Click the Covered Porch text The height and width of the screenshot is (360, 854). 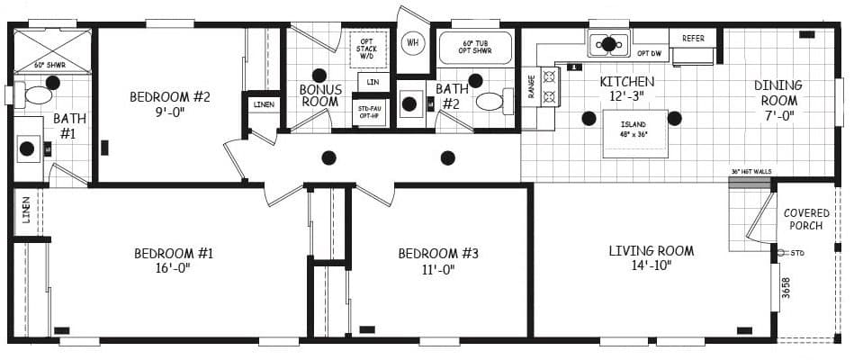pyautogui.click(x=806, y=220)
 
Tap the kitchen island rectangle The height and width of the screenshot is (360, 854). pyautogui.click(x=634, y=133)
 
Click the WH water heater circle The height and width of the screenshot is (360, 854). pyautogui.click(x=413, y=42)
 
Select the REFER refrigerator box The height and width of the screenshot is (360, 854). pyautogui.click(x=693, y=39)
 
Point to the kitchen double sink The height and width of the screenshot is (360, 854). pyautogui.click(x=608, y=43)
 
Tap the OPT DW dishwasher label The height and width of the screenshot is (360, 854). pyautogui.click(x=650, y=54)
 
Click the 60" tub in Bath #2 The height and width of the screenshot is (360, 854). pyautogui.click(x=474, y=48)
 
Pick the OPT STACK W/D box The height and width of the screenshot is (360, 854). pyautogui.click(x=367, y=49)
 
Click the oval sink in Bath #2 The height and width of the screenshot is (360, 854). pyautogui.click(x=490, y=102)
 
